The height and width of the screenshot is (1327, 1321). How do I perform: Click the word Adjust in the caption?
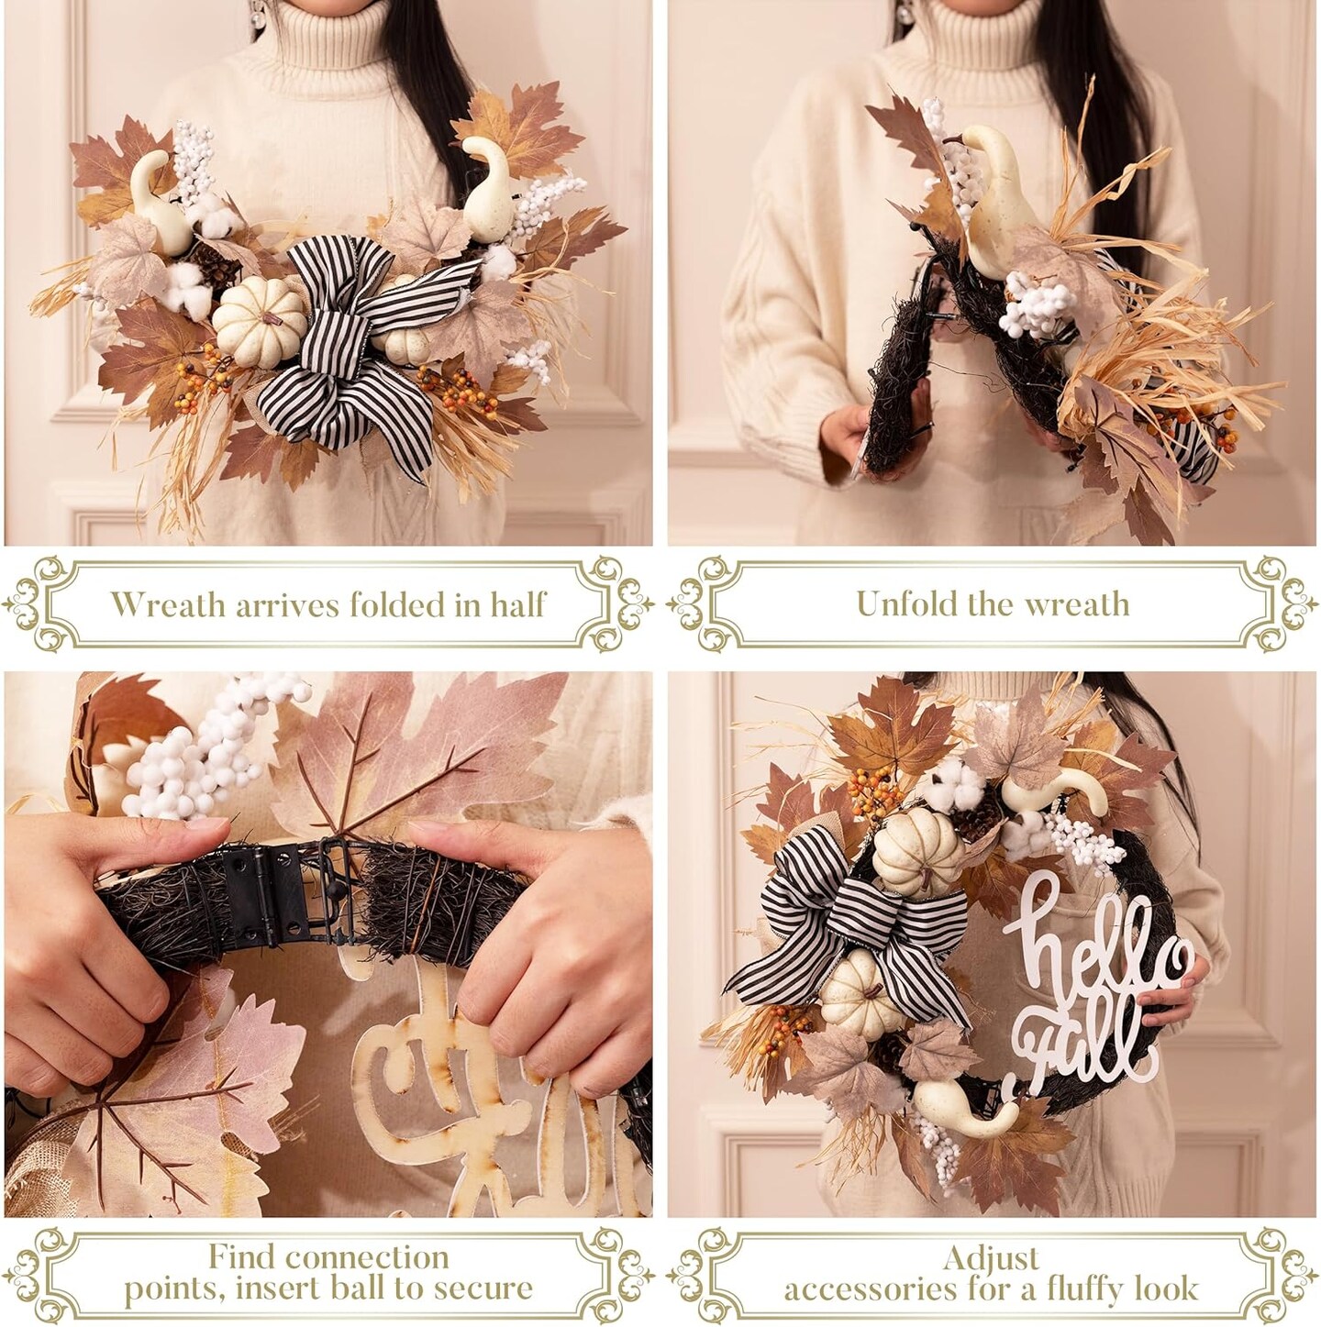(991, 1239)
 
